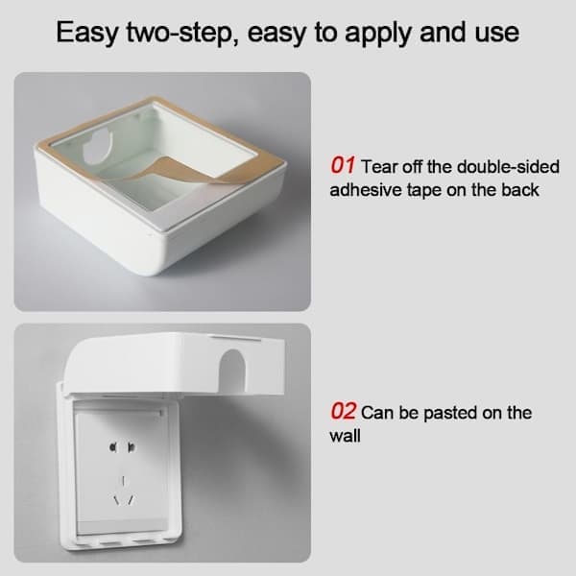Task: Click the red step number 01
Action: (343, 165)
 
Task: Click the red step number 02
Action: (343, 411)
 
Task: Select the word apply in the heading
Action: (379, 34)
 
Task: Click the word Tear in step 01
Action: (379, 167)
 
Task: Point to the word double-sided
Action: (508, 167)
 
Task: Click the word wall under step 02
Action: (345, 436)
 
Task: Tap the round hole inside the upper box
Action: (97, 146)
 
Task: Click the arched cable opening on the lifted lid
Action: (231, 370)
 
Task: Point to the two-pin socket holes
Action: (122, 447)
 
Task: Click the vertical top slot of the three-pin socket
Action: (123, 481)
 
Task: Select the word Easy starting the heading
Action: (87, 33)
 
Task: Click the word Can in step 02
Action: (376, 413)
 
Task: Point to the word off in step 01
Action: (413, 167)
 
